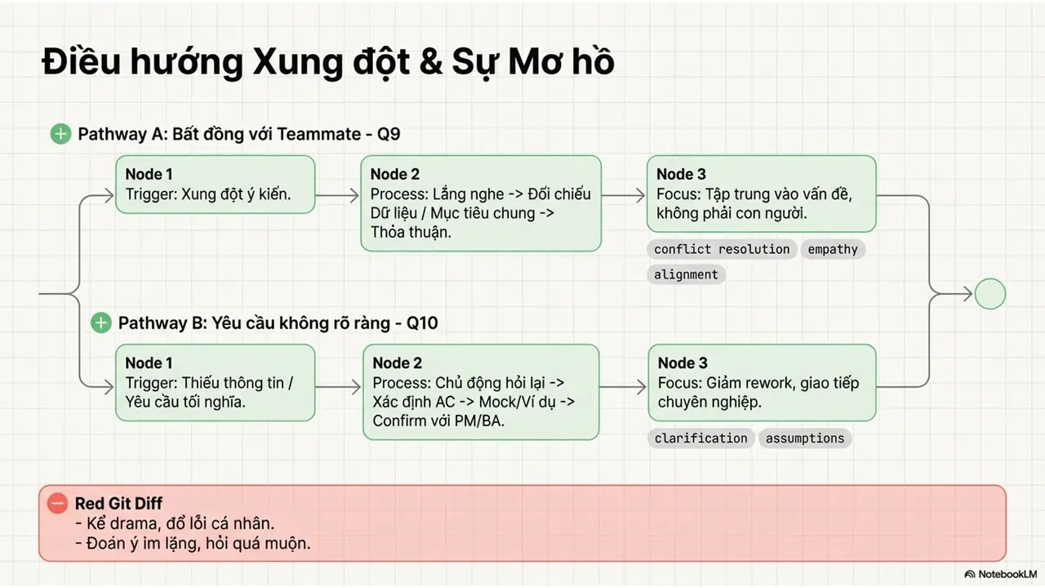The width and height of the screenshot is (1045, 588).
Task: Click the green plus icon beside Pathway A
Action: pyautogui.click(x=60, y=134)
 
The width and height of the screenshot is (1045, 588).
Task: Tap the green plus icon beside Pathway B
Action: pyautogui.click(x=100, y=323)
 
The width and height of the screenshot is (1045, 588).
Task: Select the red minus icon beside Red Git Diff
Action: pyautogui.click(x=57, y=503)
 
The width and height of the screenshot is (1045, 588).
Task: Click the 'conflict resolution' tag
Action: pyautogui.click(x=722, y=249)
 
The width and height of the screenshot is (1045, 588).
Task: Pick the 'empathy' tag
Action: pyautogui.click(x=833, y=249)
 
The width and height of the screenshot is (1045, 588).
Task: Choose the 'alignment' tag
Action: pyautogui.click(x=686, y=274)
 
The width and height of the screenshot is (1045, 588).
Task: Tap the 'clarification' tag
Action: pyautogui.click(x=700, y=439)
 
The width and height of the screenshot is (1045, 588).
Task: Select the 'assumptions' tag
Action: pyautogui.click(x=805, y=439)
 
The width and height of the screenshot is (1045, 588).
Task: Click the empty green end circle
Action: pyautogui.click(x=990, y=294)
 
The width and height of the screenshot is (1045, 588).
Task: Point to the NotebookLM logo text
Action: pyautogui.click(x=1007, y=574)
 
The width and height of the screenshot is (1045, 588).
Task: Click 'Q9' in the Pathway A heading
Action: pyautogui.click(x=389, y=135)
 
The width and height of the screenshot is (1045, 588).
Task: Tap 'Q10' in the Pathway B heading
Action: pyautogui.click(x=422, y=323)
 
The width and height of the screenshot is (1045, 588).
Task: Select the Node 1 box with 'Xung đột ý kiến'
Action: pyautogui.click(x=215, y=185)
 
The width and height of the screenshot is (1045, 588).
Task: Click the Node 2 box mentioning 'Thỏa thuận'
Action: pyautogui.click(x=481, y=203)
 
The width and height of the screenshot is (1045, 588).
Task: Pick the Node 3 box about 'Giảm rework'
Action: pyautogui.click(x=762, y=383)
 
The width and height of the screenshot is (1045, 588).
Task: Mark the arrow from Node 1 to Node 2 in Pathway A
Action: pyautogui.click(x=337, y=195)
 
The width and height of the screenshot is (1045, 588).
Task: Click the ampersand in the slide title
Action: pyautogui.click(x=431, y=63)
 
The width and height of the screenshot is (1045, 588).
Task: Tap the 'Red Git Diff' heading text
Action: pyautogui.click(x=118, y=504)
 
